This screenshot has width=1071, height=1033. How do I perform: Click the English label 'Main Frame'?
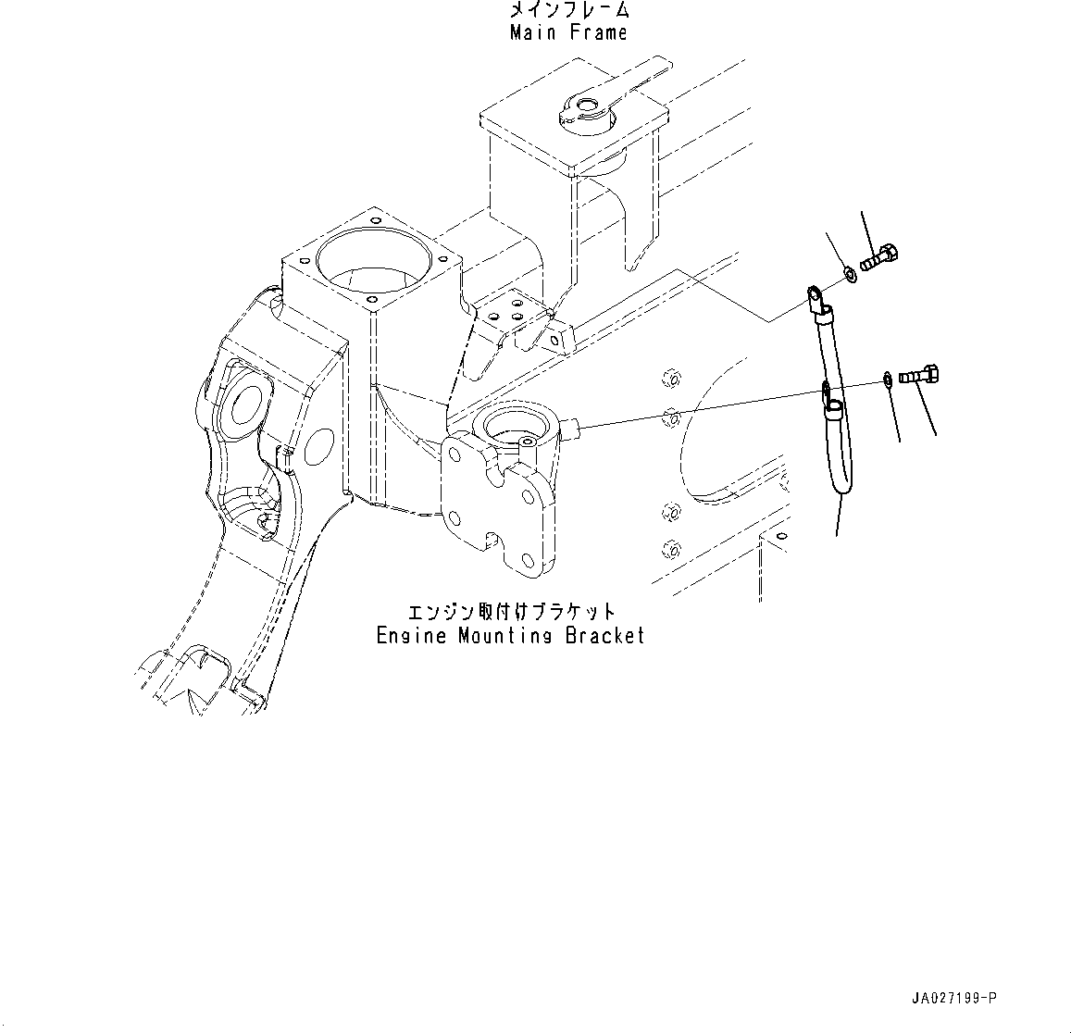[568, 33]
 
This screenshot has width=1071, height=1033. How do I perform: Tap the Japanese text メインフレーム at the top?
[569, 11]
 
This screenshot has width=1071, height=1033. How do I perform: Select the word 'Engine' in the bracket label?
[406, 636]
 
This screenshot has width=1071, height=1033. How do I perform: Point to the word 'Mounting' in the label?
[501, 636]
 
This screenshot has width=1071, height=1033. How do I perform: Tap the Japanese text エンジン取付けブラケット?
[512, 613]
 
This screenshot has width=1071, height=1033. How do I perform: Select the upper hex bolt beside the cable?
[880, 255]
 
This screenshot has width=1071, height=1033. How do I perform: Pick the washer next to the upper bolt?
[849, 274]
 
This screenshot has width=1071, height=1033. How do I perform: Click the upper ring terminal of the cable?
[815, 297]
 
